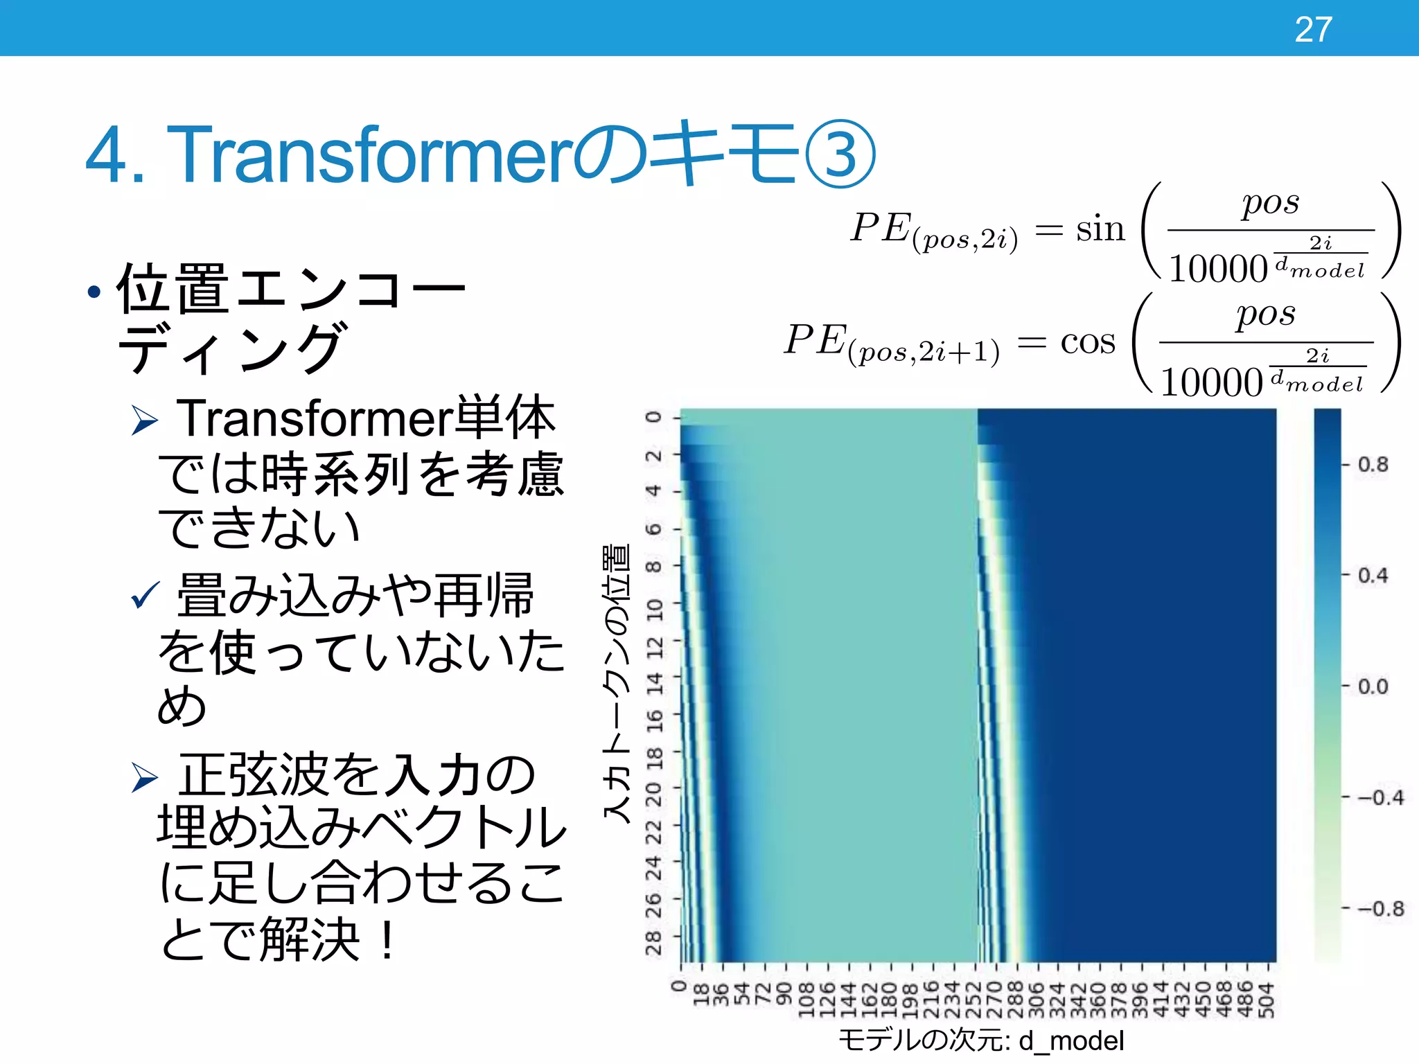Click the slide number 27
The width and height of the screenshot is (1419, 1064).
pyautogui.click(x=1313, y=30)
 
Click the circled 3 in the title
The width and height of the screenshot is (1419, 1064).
pyautogui.click(x=840, y=154)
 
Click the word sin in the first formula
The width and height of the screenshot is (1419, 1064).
pyautogui.click(x=1100, y=229)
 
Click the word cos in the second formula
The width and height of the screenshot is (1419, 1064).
pyautogui.click(x=1088, y=342)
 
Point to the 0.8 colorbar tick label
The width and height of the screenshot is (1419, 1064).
pyautogui.click(x=1373, y=465)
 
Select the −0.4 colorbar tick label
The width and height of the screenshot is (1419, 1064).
pyautogui.click(x=1380, y=798)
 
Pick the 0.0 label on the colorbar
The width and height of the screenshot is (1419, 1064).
pyautogui.click(x=1373, y=687)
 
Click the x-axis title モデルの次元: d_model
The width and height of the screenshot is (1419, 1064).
pyautogui.click(x=980, y=1040)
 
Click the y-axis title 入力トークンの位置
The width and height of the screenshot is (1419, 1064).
pyautogui.click(x=616, y=682)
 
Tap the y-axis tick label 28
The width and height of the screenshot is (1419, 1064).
pyautogui.click(x=654, y=943)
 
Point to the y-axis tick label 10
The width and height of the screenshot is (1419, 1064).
pyautogui.click(x=654, y=610)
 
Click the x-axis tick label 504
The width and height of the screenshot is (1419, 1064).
pyautogui.click(x=1267, y=999)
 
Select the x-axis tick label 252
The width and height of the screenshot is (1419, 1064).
pyautogui.click(x=974, y=999)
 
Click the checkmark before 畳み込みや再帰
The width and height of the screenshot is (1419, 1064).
pyautogui.click(x=145, y=595)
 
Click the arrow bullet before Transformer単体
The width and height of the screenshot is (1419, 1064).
pyautogui.click(x=145, y=421)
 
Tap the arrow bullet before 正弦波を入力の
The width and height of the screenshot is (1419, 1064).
pyautogui.click(x=145, y=777)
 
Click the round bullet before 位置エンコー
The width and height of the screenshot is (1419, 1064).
pyautogui.click(x=94, y=292)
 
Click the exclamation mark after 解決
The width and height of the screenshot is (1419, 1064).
pyautogui.click(x=387, y=940)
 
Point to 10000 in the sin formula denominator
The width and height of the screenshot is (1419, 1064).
pyautogui.click(x=1217, y=269)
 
